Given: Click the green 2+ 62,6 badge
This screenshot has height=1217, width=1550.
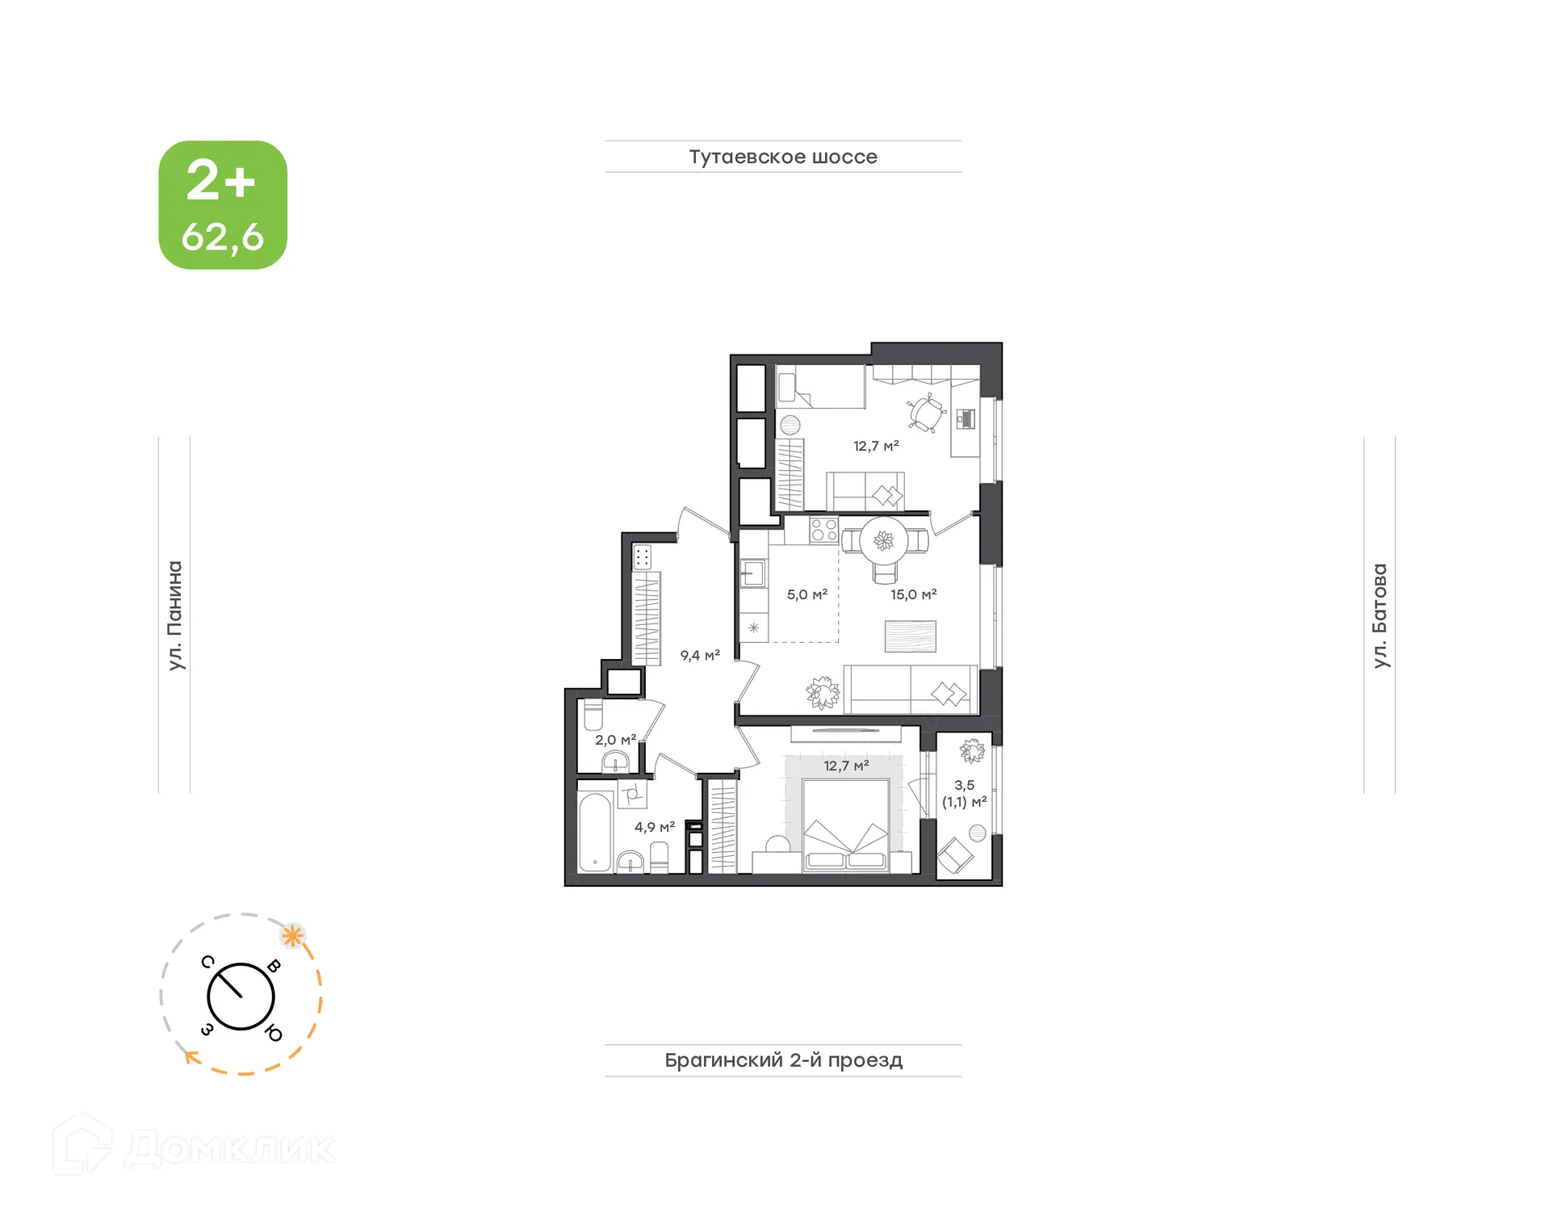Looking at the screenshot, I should pos(223,205).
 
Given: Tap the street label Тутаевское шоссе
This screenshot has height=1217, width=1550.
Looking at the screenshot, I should pos(782,157).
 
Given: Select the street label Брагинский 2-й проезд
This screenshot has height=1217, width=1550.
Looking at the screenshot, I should pos(782,1060).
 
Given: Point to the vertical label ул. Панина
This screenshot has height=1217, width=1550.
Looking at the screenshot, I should pos(175,615).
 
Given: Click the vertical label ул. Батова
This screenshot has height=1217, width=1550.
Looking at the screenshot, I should pos(1380,615).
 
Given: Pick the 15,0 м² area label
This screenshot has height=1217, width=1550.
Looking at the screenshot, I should pos(913,594).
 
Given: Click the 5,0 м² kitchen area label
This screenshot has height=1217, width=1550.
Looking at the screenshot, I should pos(806,594).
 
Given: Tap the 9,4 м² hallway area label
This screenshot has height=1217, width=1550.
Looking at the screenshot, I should pos(699,656).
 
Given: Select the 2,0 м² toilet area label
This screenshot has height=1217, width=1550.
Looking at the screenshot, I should pos(615,740).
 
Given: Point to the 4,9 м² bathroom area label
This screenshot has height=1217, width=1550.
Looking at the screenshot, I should pos(654,827).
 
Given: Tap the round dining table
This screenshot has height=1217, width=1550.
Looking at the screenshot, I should pos(884,540).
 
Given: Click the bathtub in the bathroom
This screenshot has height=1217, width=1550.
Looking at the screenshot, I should pos(595,833).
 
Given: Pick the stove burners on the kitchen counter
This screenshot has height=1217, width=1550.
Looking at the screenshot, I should pos(823,530).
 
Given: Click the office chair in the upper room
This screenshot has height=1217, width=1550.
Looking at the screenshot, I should pos(925,413).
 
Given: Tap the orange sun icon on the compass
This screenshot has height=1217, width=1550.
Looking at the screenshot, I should pos(292,937).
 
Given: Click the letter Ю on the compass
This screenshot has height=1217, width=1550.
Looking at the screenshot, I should pos(274,1034).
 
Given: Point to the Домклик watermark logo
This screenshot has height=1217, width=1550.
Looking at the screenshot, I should pos(194,1147).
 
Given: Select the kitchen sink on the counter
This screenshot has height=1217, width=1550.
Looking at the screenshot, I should pos(752,573).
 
